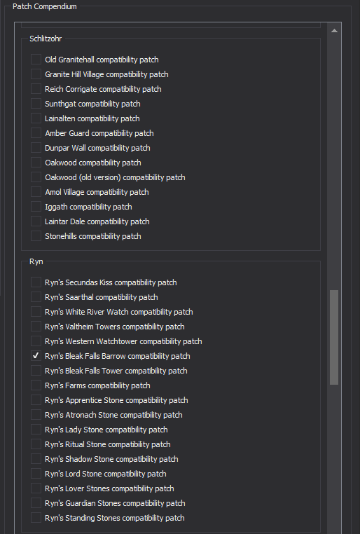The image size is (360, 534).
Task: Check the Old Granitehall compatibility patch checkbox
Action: (36, 60)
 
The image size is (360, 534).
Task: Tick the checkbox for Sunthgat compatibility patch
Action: (36, 104)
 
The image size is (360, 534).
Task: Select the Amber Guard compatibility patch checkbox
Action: (36, 133)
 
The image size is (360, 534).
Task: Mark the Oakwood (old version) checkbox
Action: (36, 177)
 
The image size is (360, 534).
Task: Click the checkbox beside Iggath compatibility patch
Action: (36, 206)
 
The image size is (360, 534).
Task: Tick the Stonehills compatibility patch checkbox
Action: (36, 235)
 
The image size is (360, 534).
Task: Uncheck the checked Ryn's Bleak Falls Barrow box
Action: (36, 355)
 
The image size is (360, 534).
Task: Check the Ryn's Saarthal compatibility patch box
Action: (36, 297)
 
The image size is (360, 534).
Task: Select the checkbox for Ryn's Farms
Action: (36, 385)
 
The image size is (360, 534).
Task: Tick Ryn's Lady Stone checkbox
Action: (36, 429)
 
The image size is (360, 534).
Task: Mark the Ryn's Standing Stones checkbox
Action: (36, 517)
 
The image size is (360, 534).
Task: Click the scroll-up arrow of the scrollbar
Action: (334, 31)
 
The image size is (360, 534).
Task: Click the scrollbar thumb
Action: (334, 337)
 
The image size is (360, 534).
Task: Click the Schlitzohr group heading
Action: (46, 39)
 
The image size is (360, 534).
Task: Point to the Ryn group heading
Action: (36, 261)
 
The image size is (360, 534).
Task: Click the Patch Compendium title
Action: (45, 6)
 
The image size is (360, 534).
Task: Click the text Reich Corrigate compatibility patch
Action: (103, 89)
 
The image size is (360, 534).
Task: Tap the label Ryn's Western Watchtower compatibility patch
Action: (123, 341)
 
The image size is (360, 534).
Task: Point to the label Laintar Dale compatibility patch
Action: (97, 221)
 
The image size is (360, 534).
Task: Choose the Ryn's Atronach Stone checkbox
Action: (36, 414)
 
